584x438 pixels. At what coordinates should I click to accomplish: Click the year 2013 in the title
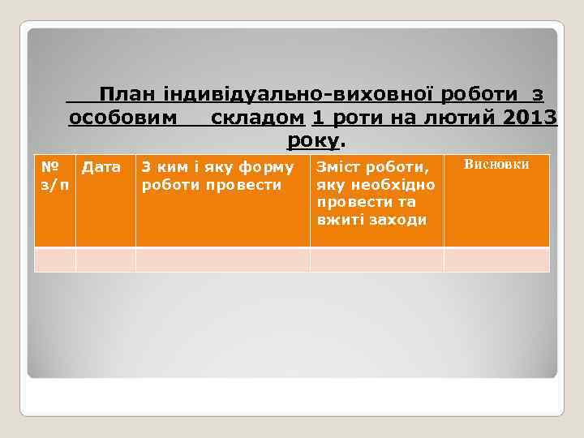[x=530, y=119]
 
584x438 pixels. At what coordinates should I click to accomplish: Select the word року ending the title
[x=313, y=141]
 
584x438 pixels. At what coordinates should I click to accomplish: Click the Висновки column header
[x=496, y=165]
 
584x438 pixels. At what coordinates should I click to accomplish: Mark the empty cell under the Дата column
[x=105, y=260]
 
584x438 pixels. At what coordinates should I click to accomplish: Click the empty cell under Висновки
[x=496, y=260]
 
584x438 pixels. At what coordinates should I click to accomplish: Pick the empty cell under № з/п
[x=54, y=260]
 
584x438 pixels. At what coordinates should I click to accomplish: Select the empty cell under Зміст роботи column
[x=376, y=260]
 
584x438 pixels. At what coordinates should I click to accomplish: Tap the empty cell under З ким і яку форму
[x=222, y=260]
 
